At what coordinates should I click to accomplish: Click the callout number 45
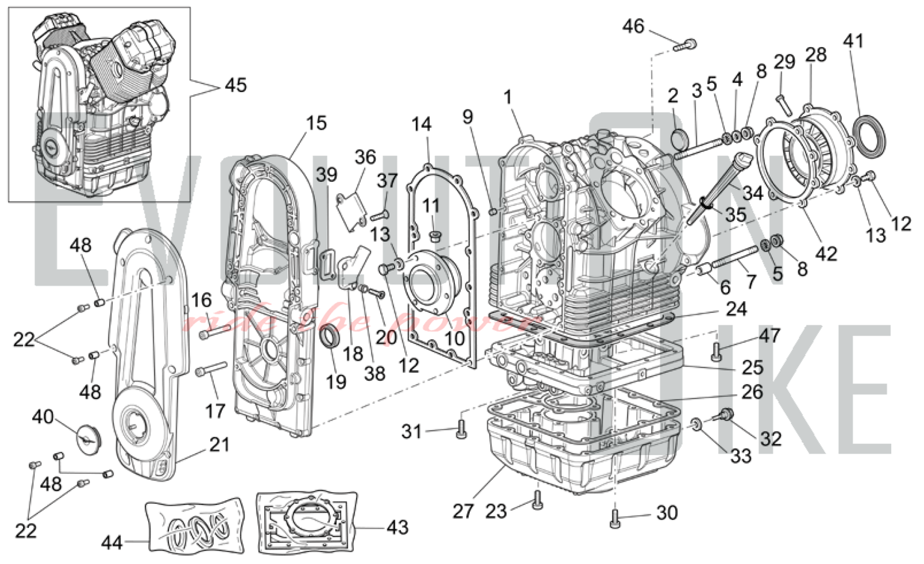tap(236, 85)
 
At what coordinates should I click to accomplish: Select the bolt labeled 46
tap(686, 45)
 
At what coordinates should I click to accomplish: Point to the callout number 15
tap(316, 123)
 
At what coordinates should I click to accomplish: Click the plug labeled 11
tap(434, 237)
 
